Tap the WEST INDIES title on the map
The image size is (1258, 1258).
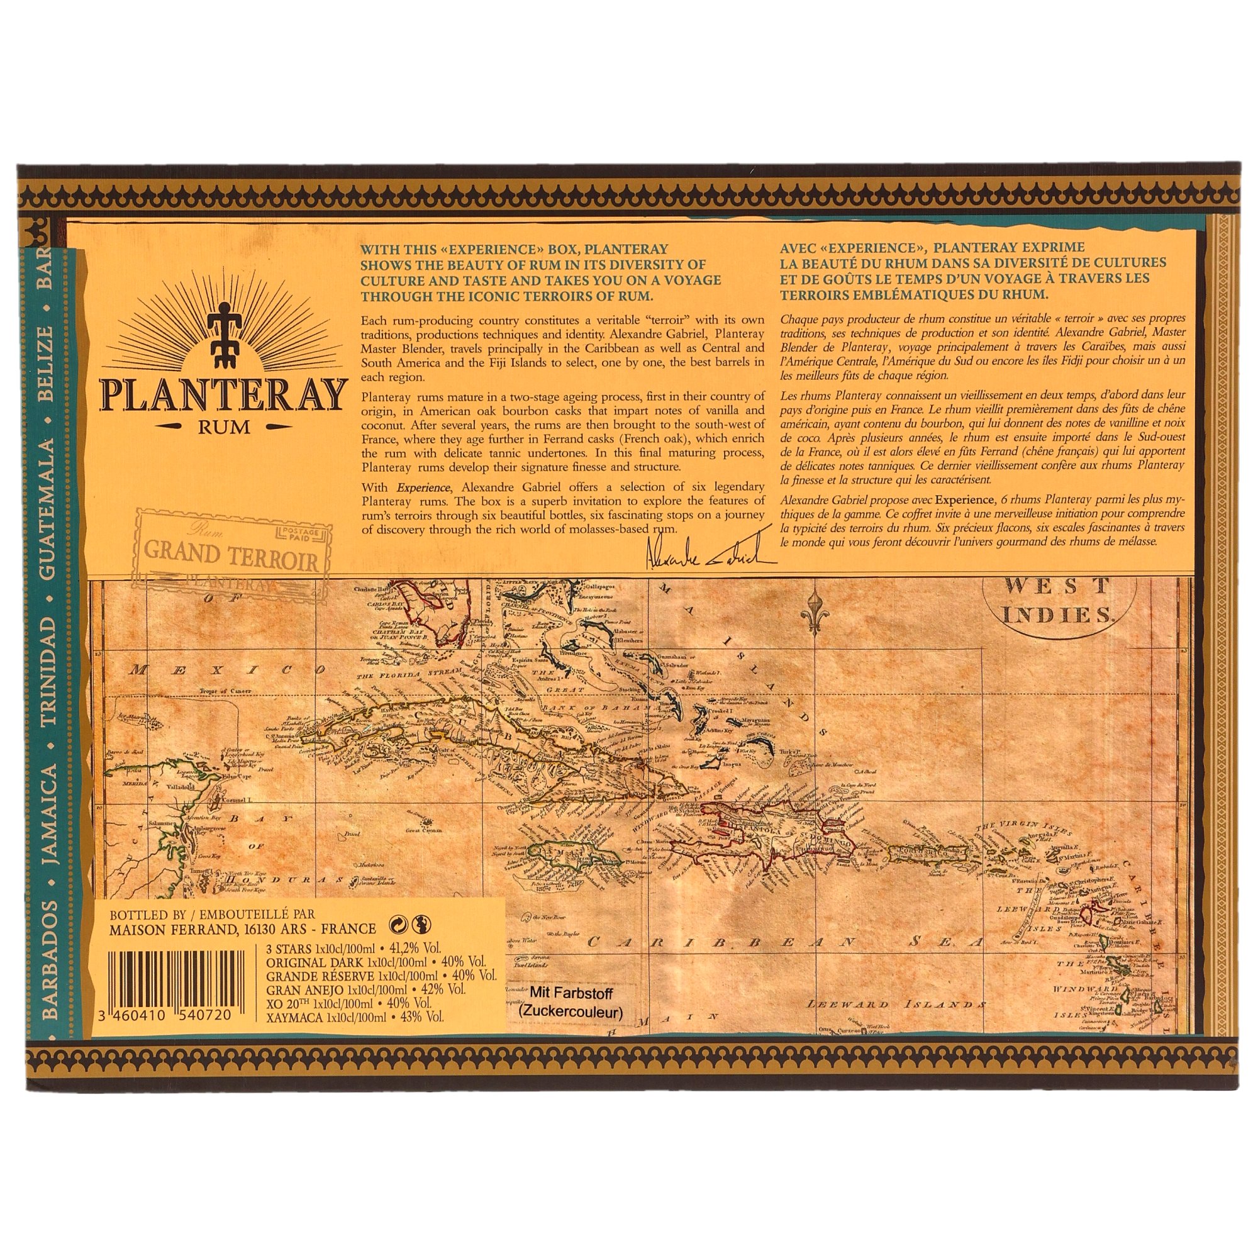click(1058, 599)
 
